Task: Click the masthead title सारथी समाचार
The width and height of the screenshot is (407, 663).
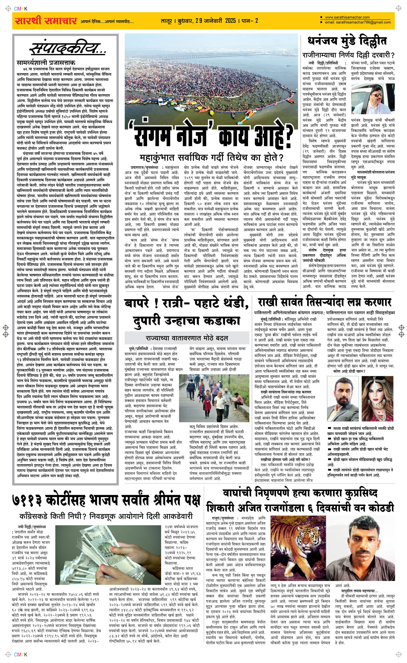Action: (44, 21)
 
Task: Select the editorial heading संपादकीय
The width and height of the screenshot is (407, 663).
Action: (67, 49)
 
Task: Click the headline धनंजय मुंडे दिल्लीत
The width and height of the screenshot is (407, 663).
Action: (347, 41)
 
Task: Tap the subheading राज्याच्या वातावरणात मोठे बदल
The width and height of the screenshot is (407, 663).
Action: (187, 338)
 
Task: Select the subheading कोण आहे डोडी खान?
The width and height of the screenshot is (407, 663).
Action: (349, 371)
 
